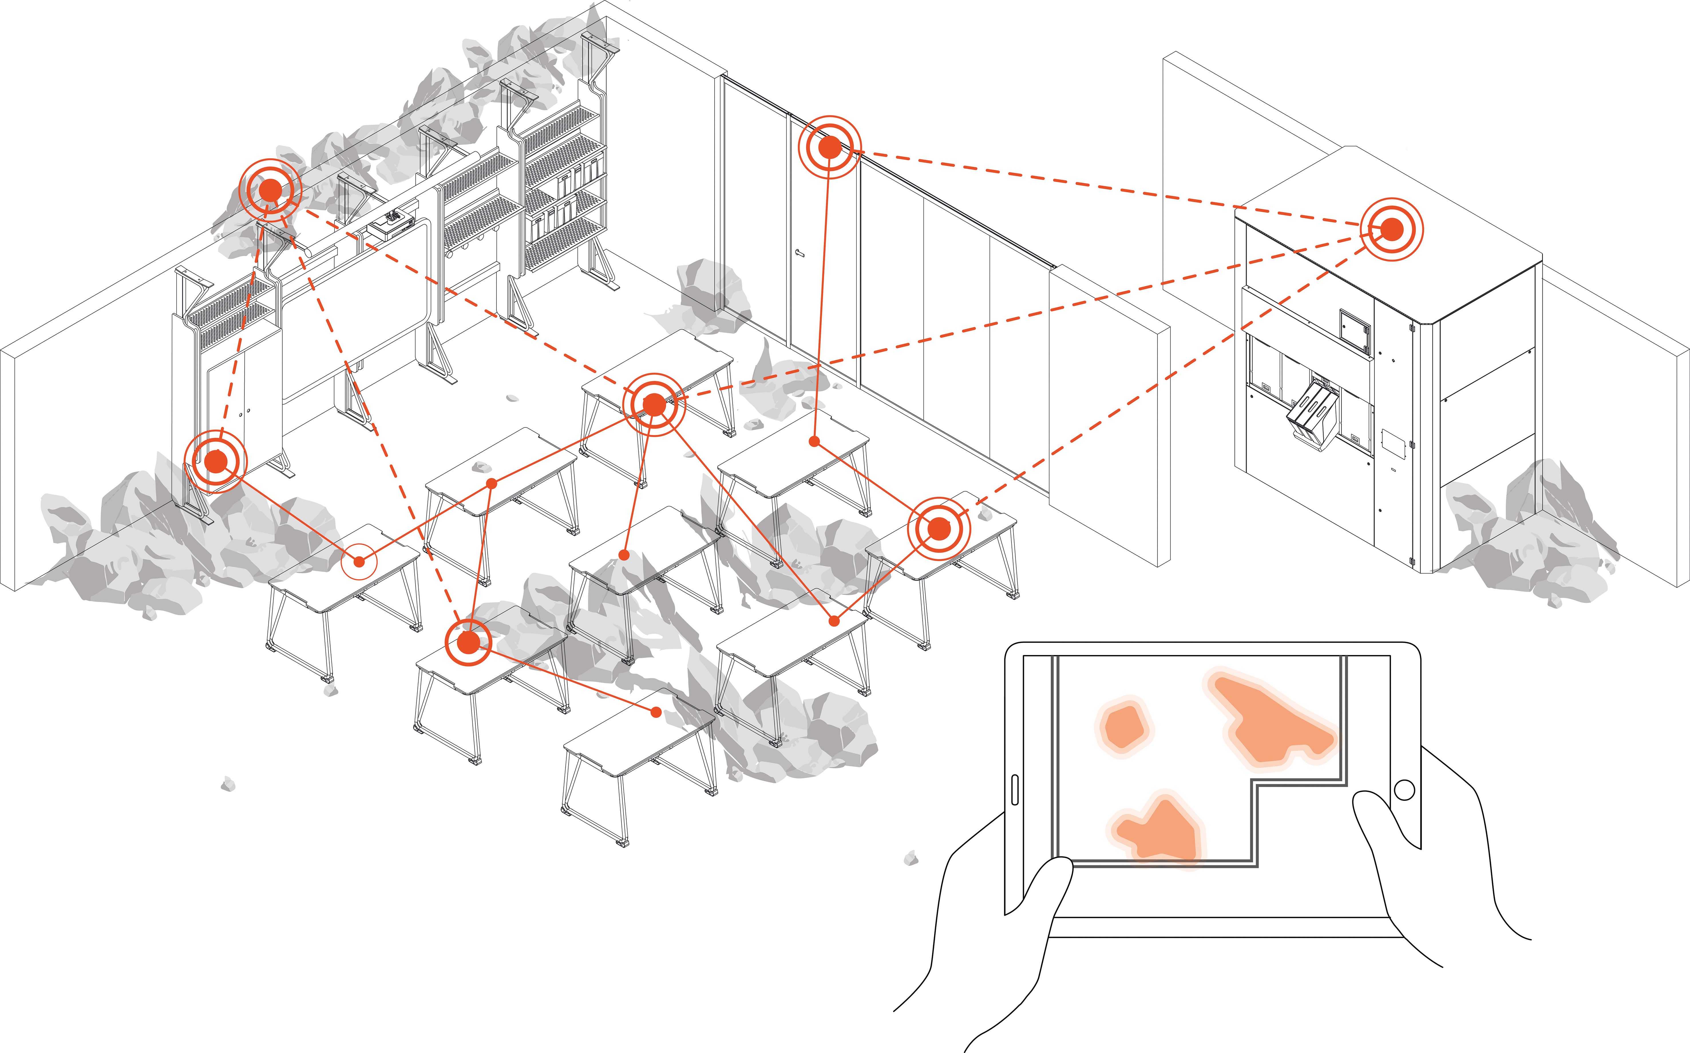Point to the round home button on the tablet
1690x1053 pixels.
[1404, 790]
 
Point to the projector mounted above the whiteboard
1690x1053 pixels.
[391, 225]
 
